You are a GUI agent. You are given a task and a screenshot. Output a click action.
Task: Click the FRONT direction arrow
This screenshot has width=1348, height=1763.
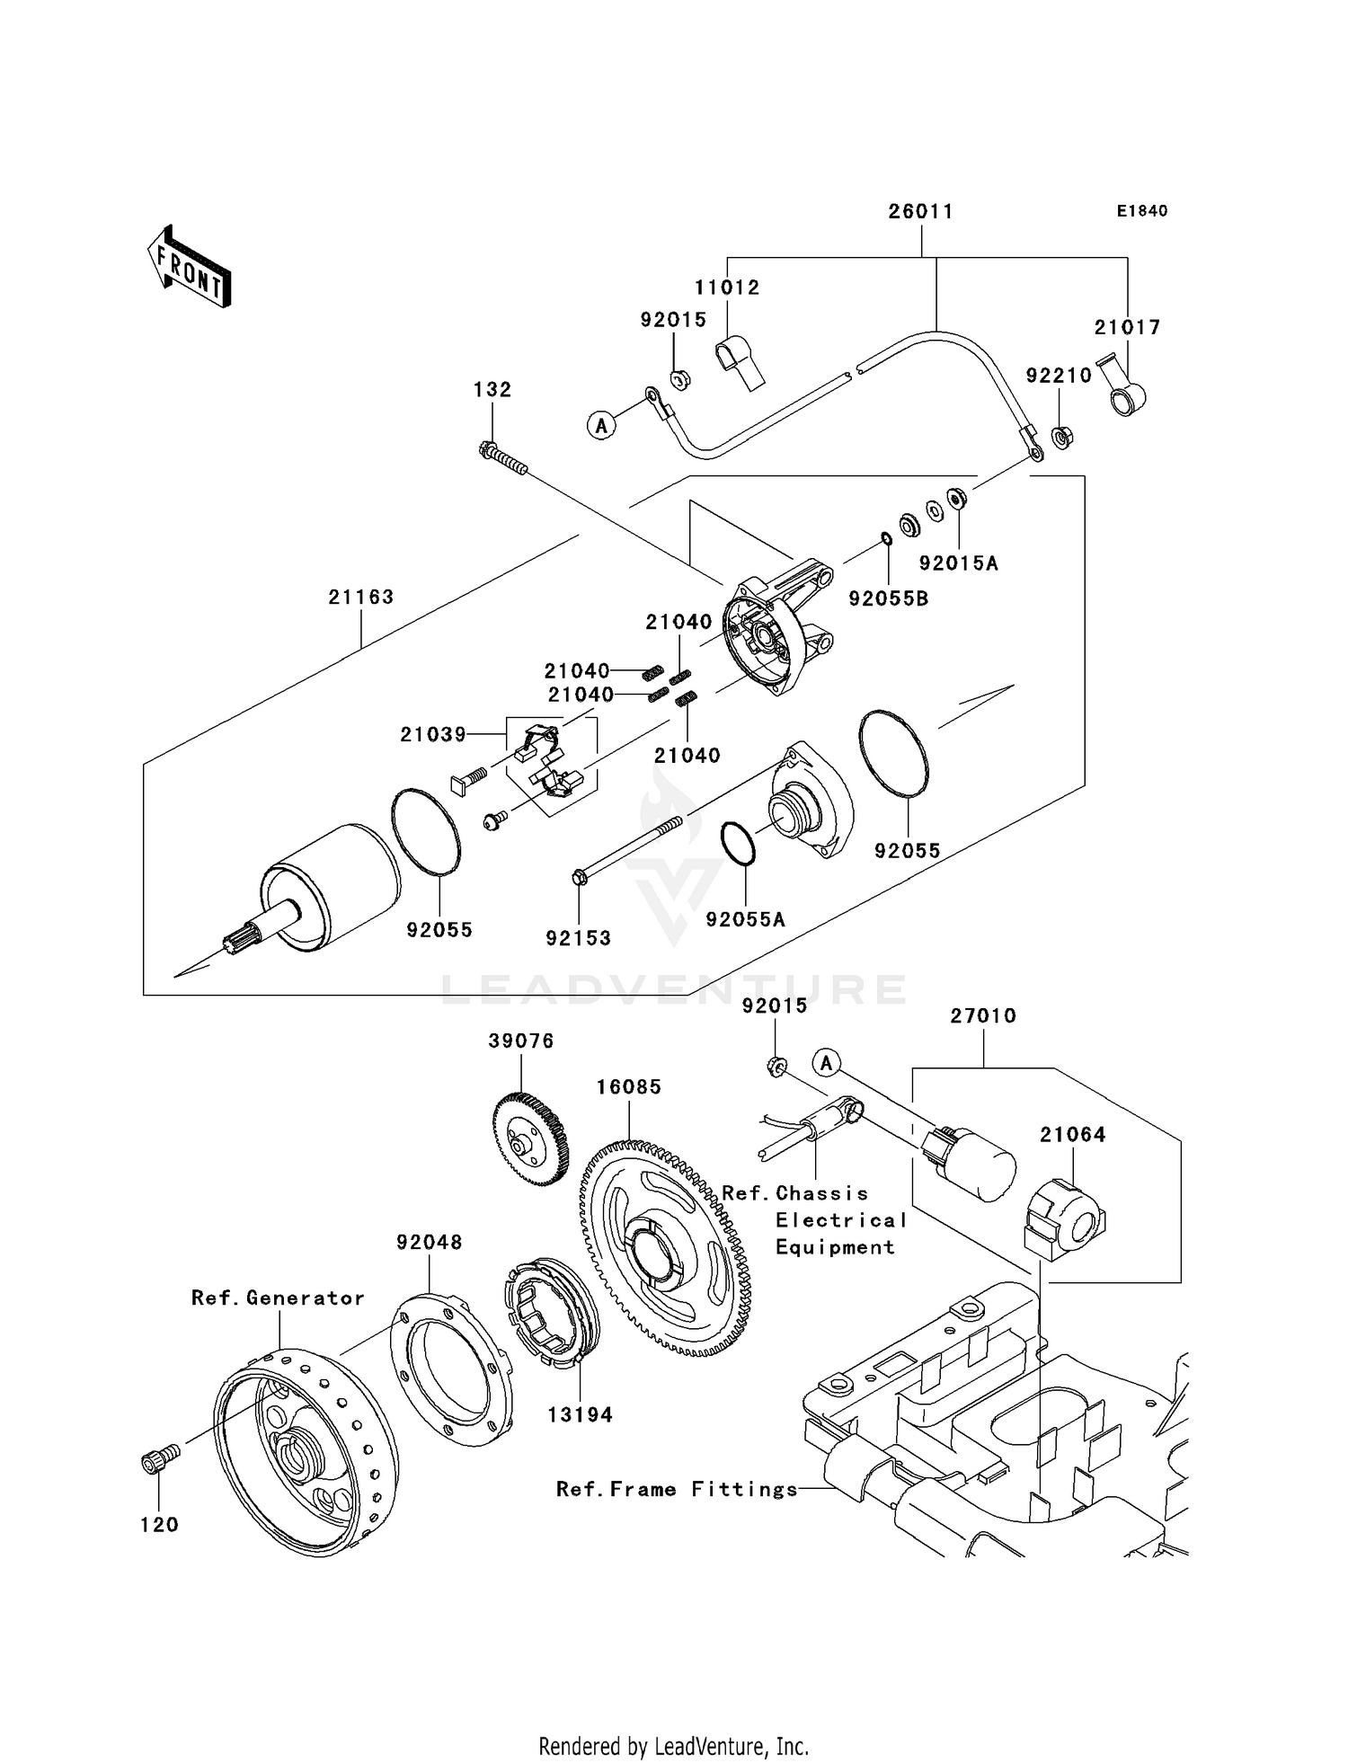pos(190,269)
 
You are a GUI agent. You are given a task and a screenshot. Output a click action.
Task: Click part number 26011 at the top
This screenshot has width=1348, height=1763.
pos(920,211)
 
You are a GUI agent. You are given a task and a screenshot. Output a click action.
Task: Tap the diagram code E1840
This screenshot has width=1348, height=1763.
pos(1141,211)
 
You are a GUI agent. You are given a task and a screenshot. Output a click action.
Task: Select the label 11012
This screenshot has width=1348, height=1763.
pos(726,288)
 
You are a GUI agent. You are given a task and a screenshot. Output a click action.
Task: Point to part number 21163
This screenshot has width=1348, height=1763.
pos(360,597)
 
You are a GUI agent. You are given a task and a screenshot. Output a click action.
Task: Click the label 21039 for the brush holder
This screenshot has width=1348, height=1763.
pos(433,735)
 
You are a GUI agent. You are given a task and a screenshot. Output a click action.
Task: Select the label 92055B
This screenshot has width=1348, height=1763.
pos(888,598)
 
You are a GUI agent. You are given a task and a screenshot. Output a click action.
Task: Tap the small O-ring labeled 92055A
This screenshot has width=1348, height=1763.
pos(739,844)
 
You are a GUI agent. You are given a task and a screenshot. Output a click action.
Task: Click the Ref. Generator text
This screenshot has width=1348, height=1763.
pos(278,1298)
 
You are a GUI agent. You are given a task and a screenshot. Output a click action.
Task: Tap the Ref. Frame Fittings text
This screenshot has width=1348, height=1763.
pos(677,1490)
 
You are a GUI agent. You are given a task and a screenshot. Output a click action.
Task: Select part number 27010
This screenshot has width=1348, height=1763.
pos(983,1016)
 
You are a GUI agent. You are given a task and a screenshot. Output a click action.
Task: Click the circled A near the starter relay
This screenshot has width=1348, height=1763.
pos(826,1063)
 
